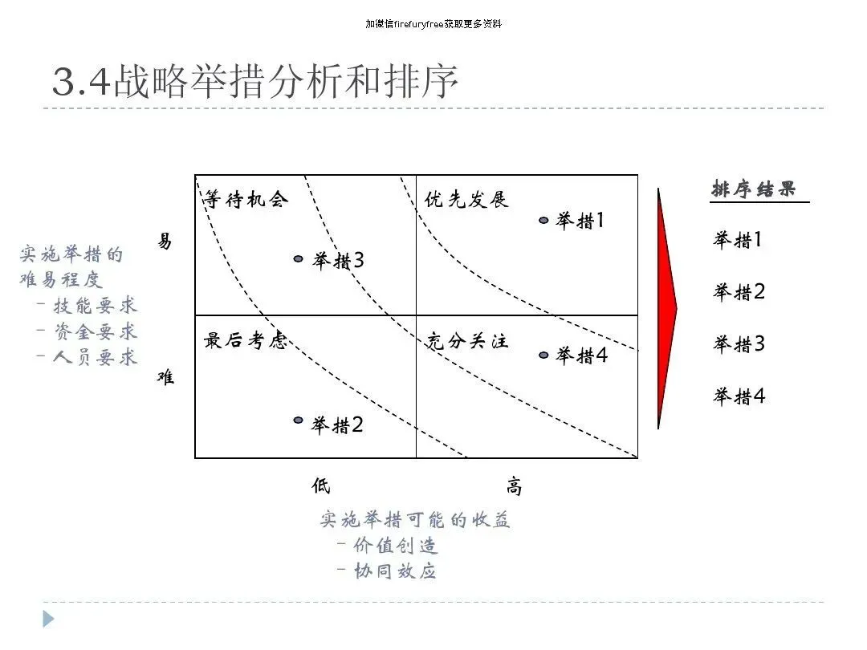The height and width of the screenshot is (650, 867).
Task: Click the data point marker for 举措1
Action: coord(543,220)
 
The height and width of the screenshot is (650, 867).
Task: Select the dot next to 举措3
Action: coord(299,259)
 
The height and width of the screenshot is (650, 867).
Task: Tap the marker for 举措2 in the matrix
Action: coord(299,420)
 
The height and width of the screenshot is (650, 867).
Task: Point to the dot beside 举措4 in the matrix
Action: coord(543,355)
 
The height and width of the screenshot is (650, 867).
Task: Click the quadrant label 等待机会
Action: coord(245,199)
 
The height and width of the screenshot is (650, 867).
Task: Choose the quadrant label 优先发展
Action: coord(466,199)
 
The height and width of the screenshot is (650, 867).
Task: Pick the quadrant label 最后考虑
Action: coord(245,340)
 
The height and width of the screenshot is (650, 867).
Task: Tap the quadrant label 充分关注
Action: coord(466,340)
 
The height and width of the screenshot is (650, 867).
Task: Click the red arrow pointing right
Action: coord(666,308)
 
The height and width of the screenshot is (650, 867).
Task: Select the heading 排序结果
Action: coord(754,189)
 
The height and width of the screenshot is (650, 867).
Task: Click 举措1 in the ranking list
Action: coord(739,239)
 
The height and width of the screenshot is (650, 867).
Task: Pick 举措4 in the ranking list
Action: coord(739,396)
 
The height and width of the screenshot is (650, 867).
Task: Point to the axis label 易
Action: coord(165,241)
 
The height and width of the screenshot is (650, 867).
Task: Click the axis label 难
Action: coord(165,376)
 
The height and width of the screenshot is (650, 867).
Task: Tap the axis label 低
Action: coord(321,485)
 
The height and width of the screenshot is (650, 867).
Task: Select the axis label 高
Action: coord(514,486)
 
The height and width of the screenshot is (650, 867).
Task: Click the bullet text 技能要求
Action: coord(96,306)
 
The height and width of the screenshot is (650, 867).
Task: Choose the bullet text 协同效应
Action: coord(396,571)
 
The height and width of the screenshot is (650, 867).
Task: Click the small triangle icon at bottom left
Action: coord(48,619)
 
